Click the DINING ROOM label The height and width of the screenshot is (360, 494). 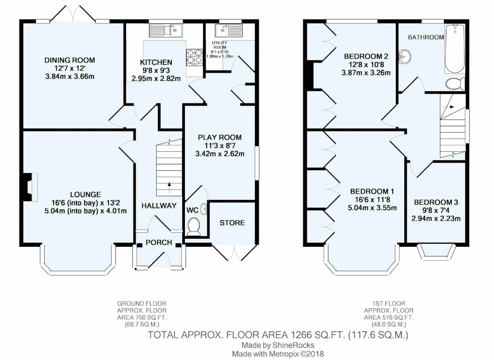click(70, 60)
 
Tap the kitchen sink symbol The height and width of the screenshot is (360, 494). click(166, 30)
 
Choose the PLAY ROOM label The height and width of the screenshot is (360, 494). click(220, 137)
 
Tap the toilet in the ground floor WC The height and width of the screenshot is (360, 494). click(194, 226)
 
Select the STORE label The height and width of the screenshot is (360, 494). click(232, 223)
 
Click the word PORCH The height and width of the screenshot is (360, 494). click(158, 243)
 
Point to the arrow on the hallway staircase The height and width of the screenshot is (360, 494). click(169, 184)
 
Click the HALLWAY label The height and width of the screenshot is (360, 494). click(158, 206)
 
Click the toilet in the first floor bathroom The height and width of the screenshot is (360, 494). click(456, 83)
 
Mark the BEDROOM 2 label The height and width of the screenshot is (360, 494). click(366, 56)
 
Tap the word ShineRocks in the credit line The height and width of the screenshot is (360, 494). click(293, 345)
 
